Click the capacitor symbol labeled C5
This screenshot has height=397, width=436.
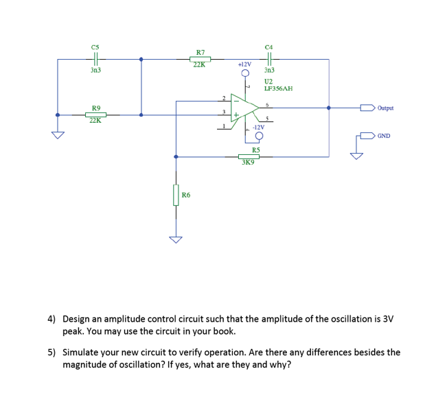pos(96,59)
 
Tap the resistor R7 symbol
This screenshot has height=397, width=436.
pos(200,59)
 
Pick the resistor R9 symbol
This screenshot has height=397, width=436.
pos(95,115)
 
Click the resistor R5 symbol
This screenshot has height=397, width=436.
pos(249,156)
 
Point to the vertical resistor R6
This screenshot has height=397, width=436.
pos(176,195)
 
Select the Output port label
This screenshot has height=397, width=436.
pos(385,108)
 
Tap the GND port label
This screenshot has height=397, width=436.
pos(384,136)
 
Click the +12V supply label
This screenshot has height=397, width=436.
pos(244,64)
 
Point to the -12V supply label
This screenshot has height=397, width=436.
pos(259,128)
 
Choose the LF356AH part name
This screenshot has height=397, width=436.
pos(278,88)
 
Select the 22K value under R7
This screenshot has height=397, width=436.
pos(199,66)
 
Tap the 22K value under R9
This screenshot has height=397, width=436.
pos(95,121)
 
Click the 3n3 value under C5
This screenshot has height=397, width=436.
pos(95,70)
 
